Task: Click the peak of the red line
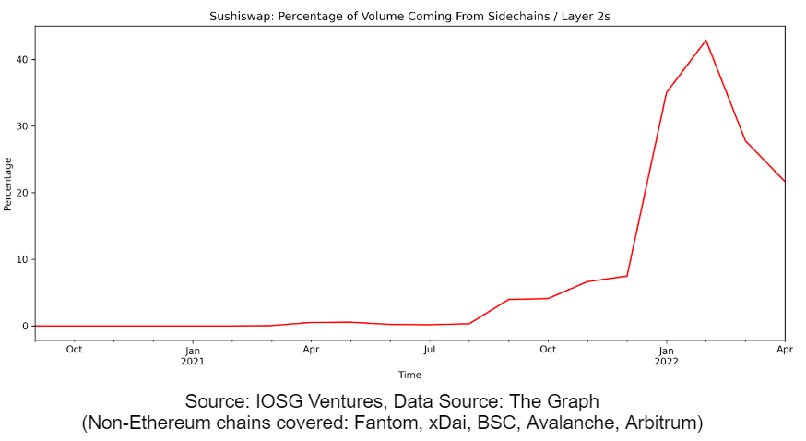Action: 705,40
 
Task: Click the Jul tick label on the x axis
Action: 429,350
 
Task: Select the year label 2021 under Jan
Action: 193,361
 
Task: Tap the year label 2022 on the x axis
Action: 666,361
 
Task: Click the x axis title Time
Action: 409,375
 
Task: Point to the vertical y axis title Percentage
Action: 8,184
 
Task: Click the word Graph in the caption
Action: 573,402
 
